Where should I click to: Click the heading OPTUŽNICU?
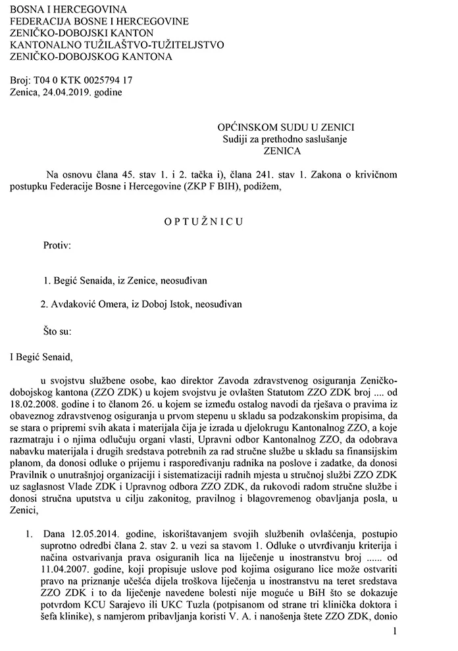click(204, 222)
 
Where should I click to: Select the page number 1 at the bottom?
click(394, 631)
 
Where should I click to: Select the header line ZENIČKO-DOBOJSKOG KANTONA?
click(91, 57)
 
